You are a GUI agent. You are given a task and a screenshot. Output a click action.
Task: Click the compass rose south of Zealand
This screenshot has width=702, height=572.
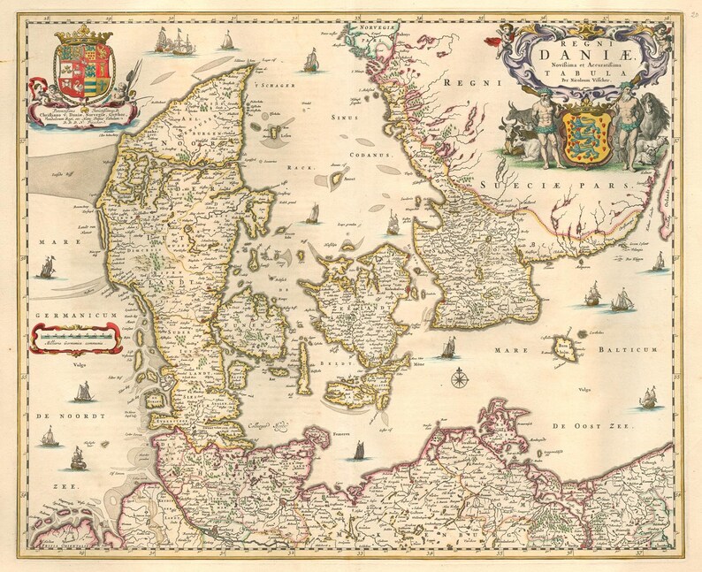pyautogui.click(x=460, y=380)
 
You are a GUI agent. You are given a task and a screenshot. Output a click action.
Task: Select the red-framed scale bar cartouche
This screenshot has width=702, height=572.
pyautogui.click(x=76, y=336)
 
